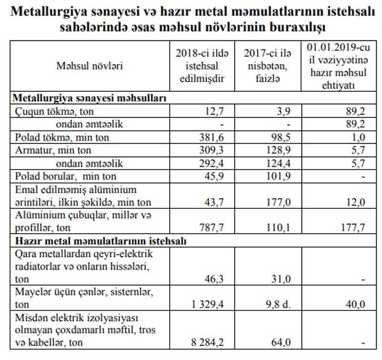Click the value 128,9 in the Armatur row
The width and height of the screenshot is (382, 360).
click(x=269, y=151)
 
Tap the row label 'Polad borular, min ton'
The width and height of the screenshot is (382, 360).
click(x=59, y=176)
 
